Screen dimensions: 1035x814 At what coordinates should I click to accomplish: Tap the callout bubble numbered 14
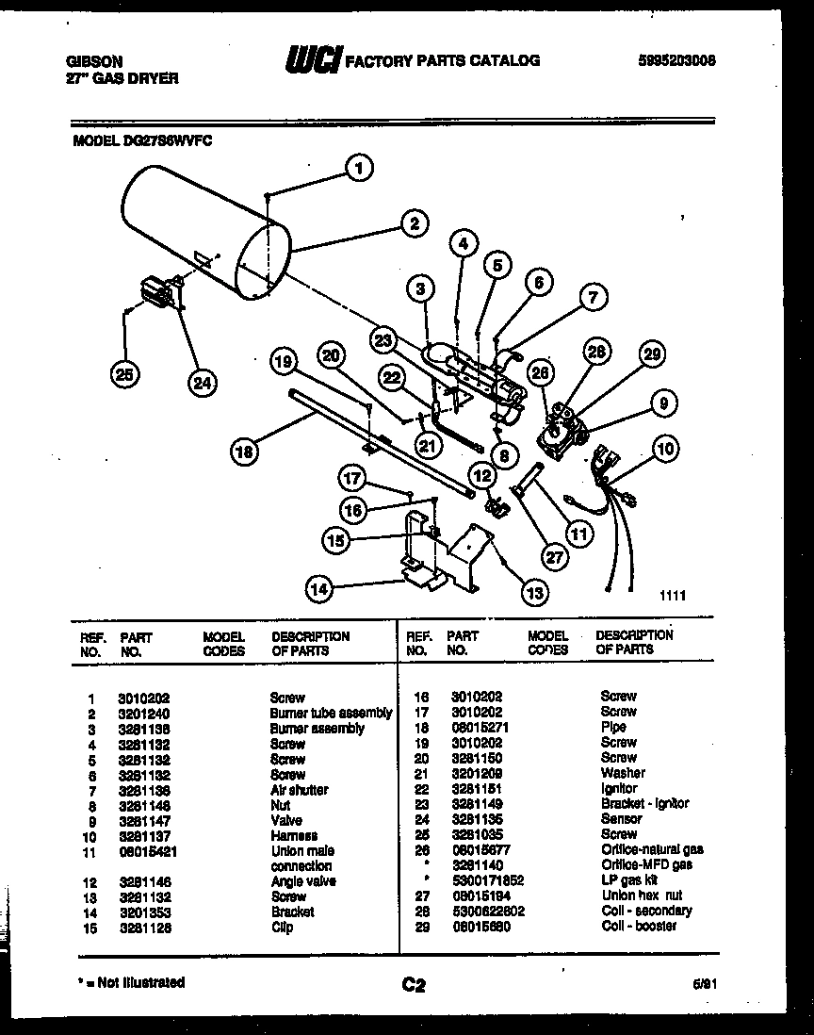tap(320, 589)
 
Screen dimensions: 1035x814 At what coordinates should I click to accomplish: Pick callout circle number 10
tap(666, 449)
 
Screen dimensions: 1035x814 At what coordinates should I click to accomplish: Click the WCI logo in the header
tap(314, 59)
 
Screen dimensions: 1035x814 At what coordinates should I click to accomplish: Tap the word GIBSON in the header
tap(94, 60)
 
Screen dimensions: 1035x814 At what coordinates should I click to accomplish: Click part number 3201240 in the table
tap(143, 714)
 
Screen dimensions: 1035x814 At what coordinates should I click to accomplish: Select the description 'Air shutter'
tap(299, 790)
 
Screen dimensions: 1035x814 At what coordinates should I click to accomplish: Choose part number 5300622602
tap(485, 911)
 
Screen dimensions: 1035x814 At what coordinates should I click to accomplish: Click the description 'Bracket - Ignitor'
tap(644, 803)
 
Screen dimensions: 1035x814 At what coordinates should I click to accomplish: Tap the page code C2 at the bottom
tap(414, 986)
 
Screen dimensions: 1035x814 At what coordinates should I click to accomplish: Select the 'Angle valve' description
tap(302, 881)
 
